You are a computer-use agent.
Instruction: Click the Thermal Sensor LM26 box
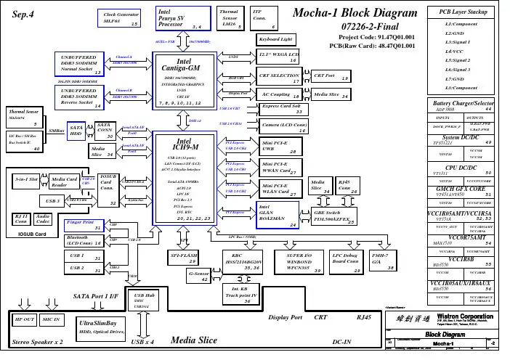(229, 18)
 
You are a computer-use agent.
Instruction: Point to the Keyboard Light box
(275, 38)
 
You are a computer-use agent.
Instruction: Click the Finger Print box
(83, 224)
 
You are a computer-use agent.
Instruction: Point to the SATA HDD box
(76, 130)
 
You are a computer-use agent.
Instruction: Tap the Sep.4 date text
(24, 16)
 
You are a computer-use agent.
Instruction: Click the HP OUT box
(25, 319)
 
